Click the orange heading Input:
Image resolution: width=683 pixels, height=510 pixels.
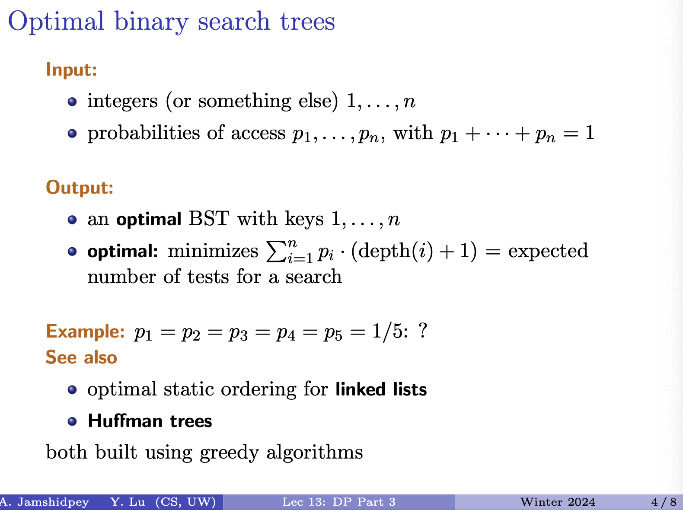click(71, 69)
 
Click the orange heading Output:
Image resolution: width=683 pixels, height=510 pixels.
click(80, 188)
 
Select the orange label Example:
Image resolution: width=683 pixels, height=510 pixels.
click(85, 331)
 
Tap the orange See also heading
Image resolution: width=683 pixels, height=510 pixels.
click(82, 357)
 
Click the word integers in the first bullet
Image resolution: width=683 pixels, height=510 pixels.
click(122, 101)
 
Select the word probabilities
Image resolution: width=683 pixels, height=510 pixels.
click(144, 133)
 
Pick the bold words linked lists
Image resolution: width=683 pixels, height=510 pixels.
click(381, 389)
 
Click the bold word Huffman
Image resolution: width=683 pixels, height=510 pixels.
click(125, 421)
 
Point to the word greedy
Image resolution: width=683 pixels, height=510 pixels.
click(230, 453)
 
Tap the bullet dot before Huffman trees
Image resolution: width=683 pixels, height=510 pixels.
click(72, 422)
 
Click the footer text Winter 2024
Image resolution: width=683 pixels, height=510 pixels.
click(558, 502)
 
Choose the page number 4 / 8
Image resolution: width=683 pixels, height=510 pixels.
click(664, 502)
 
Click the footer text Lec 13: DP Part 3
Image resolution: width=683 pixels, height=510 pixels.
click(339, 502)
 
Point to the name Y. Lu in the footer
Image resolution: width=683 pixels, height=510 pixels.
click(128, 502)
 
